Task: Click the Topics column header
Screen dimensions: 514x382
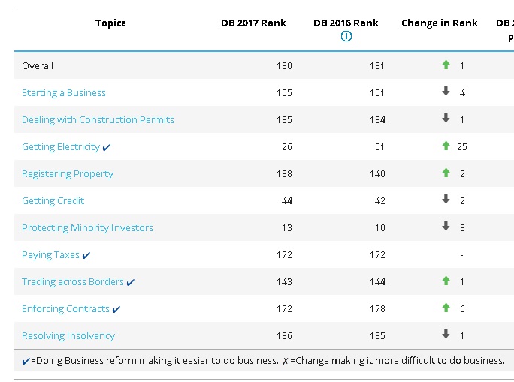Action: (110, 23)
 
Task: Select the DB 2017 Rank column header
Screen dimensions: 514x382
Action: (253, 23)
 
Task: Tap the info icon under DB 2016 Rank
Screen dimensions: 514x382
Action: (346, 36)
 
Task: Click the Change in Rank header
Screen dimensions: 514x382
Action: (440, 23)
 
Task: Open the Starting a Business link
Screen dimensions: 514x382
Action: (64, 93)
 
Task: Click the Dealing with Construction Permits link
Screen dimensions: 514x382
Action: (98, 120)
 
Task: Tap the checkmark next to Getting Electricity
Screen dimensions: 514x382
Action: (107, 148)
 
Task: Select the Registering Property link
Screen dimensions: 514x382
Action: (68, 174)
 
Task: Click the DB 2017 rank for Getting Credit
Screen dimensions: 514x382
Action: (287, 201)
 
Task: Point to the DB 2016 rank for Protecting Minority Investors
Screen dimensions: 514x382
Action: (380, 228)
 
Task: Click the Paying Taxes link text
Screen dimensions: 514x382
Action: (50, 255)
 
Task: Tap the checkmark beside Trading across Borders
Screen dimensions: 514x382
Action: (131, 282)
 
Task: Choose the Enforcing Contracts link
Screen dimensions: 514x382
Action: (65, 309)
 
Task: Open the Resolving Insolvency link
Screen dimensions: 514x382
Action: (68, 336)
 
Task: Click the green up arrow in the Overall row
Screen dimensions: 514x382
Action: (446, 65)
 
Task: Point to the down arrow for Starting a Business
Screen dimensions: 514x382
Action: (446, 92)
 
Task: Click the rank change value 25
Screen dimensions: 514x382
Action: (462, 147)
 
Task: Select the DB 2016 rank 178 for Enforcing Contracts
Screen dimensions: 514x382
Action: (377, 309)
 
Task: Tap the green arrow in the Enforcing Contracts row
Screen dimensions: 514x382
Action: (446, 308)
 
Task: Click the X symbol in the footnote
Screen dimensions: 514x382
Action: (286, 361)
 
